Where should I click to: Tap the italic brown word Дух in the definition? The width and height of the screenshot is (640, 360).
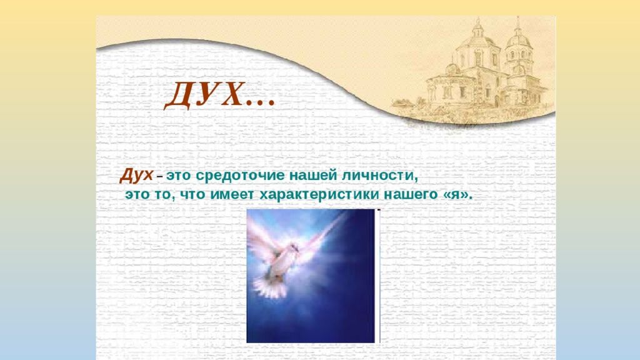(x=136, y=176)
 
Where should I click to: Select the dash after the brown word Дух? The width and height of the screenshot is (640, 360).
(x=160, y=178)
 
